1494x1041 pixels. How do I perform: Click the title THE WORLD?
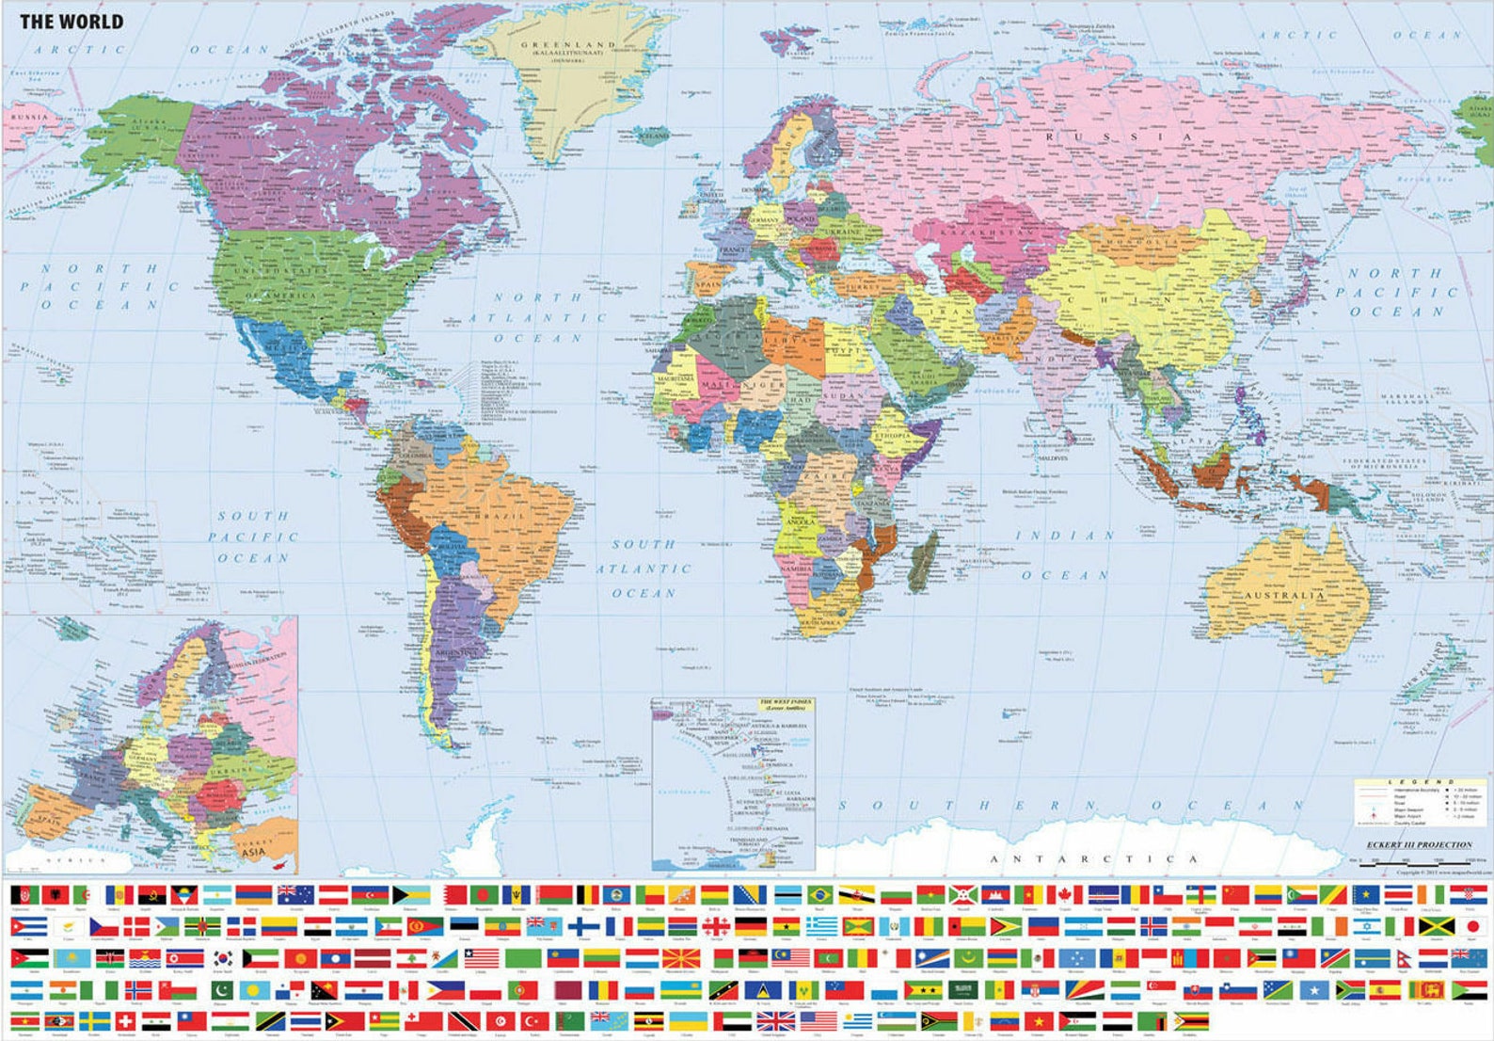coord(72,21)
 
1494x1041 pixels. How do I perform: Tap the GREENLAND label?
coord(568,45)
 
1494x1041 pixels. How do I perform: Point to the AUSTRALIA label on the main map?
coord(1284,595)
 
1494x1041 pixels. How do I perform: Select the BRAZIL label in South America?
coord(500,516)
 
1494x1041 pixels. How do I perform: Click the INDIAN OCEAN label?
coord(1066,554)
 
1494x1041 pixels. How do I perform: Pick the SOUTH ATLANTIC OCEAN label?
coord(644,569)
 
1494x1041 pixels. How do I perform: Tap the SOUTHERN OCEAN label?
coord(1068,806)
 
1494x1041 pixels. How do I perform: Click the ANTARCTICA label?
coord(1093,858)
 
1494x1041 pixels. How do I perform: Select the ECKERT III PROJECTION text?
coord(1419,844)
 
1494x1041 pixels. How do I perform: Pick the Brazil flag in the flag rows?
coord(820,894)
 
